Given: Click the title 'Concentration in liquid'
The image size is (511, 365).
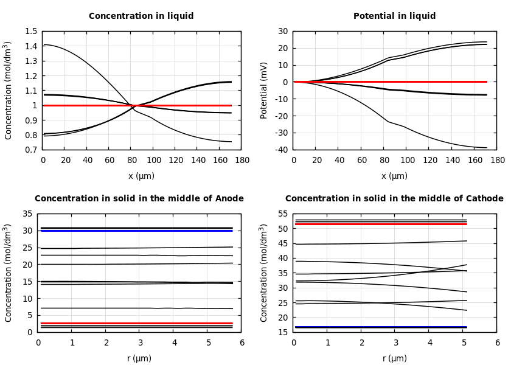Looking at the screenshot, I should (141, 16).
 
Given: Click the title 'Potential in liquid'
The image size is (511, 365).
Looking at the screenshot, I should (394, 16).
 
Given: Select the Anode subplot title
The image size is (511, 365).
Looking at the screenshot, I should (139, 199).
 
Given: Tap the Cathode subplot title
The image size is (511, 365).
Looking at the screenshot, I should (394, 199).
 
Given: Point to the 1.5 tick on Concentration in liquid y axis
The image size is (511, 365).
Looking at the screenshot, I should (30, 32).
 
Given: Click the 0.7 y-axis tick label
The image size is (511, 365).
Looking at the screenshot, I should (30, 150).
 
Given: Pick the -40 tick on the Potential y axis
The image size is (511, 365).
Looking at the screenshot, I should (282, 150).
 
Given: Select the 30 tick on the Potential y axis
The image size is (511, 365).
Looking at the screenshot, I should (283, 32).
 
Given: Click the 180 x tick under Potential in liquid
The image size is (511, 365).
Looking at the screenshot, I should (497, 160).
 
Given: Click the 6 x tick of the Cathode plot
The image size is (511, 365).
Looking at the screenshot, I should (497, 342).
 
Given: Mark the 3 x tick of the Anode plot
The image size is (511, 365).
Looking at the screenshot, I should (139, 342).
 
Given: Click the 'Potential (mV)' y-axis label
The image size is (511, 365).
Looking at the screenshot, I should (264, 90).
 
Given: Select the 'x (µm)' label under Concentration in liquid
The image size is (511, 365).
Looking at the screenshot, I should (141, 176).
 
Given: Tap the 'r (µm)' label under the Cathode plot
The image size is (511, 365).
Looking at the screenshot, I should (394, 359).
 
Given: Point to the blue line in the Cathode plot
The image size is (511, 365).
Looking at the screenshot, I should (377, 327).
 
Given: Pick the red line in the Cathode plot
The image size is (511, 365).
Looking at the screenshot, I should (377, 224).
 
